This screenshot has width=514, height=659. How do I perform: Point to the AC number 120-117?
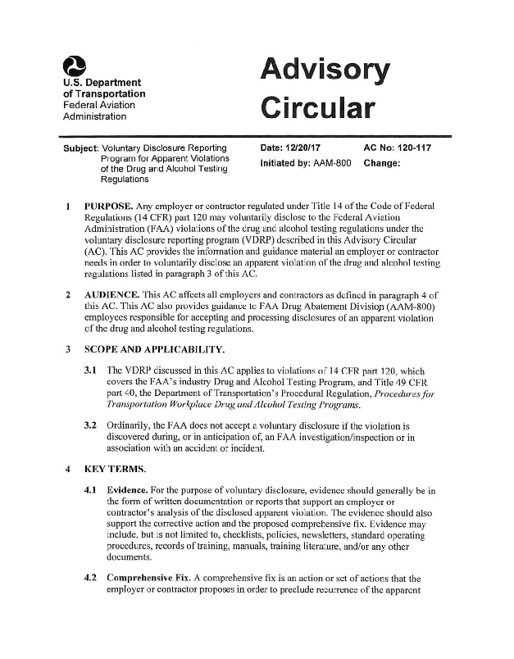click(410, 148)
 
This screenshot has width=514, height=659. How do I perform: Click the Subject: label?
click(73, 148)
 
